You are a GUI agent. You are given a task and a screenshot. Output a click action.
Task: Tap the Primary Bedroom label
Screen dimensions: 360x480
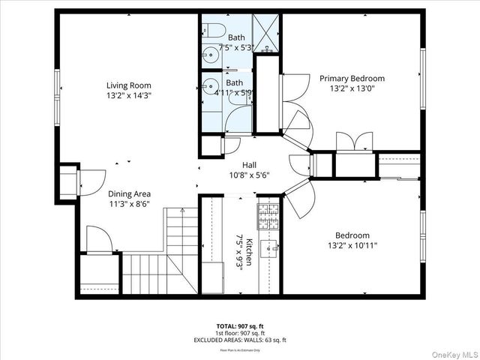[352, 78]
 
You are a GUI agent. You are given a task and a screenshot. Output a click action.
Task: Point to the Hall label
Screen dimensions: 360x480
[250, 165]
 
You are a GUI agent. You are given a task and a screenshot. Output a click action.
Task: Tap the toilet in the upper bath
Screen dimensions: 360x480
[214, 31]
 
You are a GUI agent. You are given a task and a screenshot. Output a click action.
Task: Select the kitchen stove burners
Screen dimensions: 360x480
[268, 215]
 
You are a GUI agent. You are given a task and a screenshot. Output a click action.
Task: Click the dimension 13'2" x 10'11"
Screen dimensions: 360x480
[352, 245]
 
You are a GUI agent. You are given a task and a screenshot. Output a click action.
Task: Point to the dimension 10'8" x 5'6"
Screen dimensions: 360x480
[250, 175]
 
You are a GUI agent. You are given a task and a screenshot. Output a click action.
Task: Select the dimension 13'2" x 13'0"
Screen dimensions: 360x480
[352, 88]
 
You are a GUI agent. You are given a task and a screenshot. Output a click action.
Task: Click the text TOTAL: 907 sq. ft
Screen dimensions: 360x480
[240, 325]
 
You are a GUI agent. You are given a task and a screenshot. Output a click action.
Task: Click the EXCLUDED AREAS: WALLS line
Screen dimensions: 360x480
[240, 339]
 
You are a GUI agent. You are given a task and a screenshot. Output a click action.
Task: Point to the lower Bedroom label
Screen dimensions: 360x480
[352, 235]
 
